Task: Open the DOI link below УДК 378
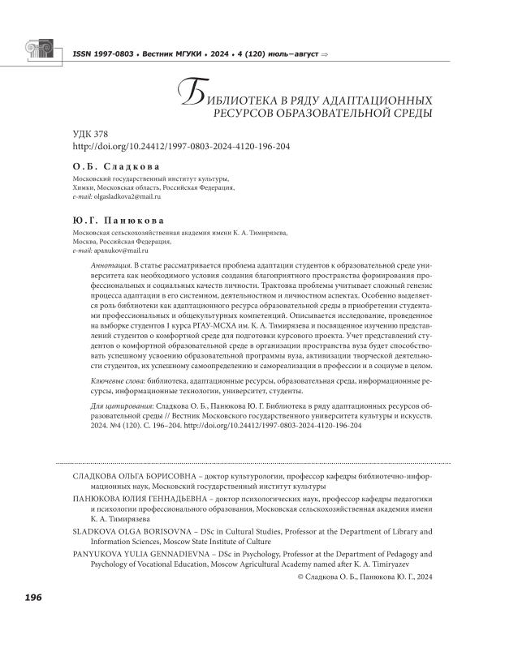pos(180,146)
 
